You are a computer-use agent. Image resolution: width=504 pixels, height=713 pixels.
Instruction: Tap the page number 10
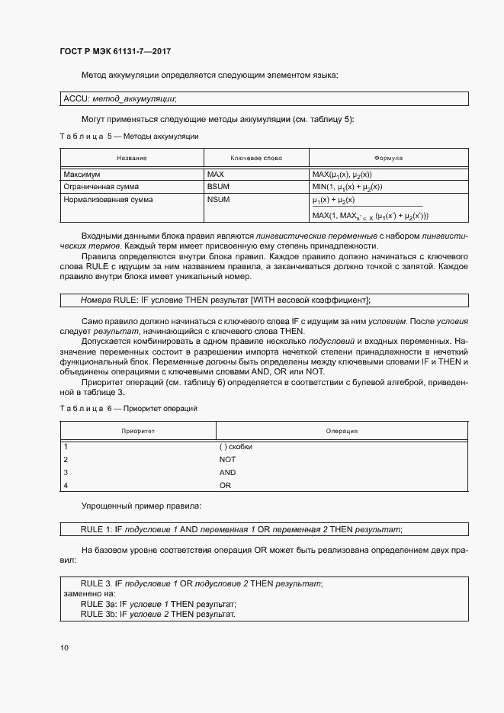(64, 647)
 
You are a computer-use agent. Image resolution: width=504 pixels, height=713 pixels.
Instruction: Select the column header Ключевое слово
(256, 158)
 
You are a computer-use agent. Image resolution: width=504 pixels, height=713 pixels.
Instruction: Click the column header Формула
(388, 158)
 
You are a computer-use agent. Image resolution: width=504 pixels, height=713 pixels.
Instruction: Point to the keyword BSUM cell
(218, 187)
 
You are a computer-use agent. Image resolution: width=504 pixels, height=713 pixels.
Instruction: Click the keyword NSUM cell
(218, 200)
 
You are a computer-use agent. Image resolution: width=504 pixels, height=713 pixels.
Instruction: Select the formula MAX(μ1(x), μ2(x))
(342, 175)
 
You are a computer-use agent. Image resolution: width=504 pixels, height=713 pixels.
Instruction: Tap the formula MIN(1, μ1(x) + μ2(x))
(347, 187)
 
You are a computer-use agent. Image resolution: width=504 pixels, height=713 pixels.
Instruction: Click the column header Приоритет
(138, 431)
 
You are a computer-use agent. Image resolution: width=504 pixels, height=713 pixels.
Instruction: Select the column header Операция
(342, 431)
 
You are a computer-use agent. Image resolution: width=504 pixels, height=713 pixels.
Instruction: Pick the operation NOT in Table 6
(227, 460)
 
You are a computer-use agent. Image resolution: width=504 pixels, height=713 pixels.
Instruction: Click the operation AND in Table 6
(227, 473)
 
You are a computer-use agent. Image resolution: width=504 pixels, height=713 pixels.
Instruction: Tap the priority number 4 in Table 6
(66, 486)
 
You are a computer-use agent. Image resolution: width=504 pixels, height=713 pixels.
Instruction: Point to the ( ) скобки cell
(235, 447)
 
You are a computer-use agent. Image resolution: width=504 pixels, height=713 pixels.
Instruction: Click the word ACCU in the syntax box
(75, 98)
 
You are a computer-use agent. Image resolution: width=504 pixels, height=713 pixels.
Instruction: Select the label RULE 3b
(98, 615)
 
